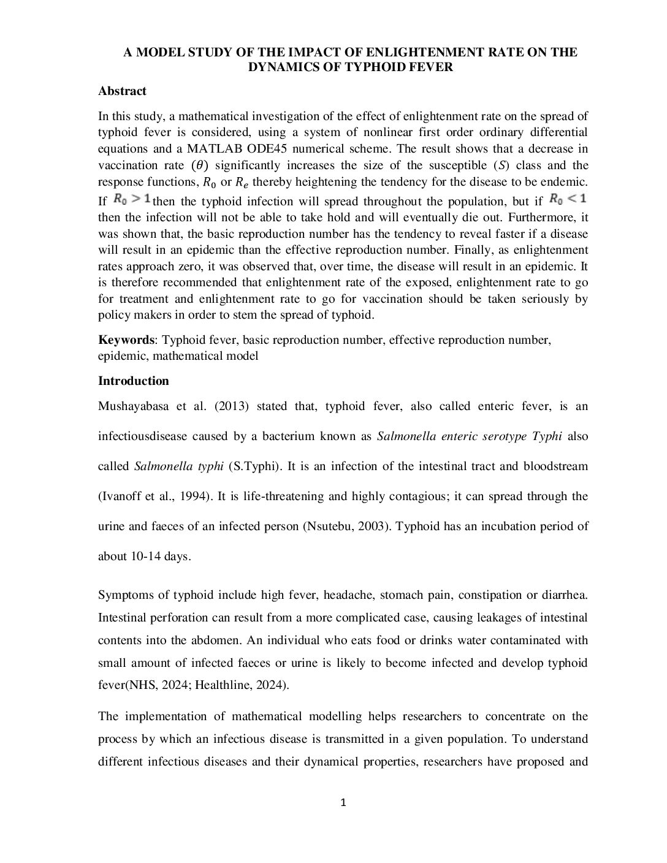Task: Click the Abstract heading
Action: click(122, 91)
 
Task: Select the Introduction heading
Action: click(133, 381)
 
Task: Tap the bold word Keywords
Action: click(126, 340)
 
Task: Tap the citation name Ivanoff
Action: click(120, 496)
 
